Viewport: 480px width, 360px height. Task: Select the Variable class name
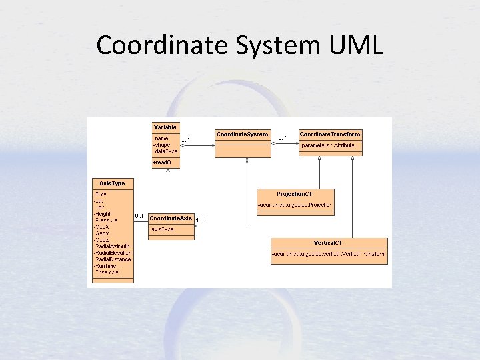pyautogui.click(x=166, y=127)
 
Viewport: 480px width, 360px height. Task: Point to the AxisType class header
pyautogui.click(x=112, y=183)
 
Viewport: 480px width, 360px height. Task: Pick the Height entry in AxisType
pyautogui.click(x=103, y=213)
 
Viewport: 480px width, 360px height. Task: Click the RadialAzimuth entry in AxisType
pyautogui.click(x=113, y=246)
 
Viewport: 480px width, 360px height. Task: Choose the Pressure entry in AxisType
pyautogui.click(x=107, y=219)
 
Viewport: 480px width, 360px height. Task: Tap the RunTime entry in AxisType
pyautogui.click(x=107, y=266)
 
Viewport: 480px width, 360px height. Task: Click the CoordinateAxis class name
pyautogui.click(x=171, y=218)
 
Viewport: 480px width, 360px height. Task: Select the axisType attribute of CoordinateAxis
pyautogui.click(x=163, y=229)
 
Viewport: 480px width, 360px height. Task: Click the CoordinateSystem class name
pyautogui.click(x=242, y=134)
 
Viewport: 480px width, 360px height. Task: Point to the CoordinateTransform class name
pyautogui.click(x=331, y=134)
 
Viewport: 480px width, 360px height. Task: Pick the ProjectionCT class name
pyautogui.click(x=294, y=193)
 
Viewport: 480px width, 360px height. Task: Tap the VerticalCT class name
pyautogui.click(x=329, y=243)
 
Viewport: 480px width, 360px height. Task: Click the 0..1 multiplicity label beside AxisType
pyautogui.click(x=140, y=216)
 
